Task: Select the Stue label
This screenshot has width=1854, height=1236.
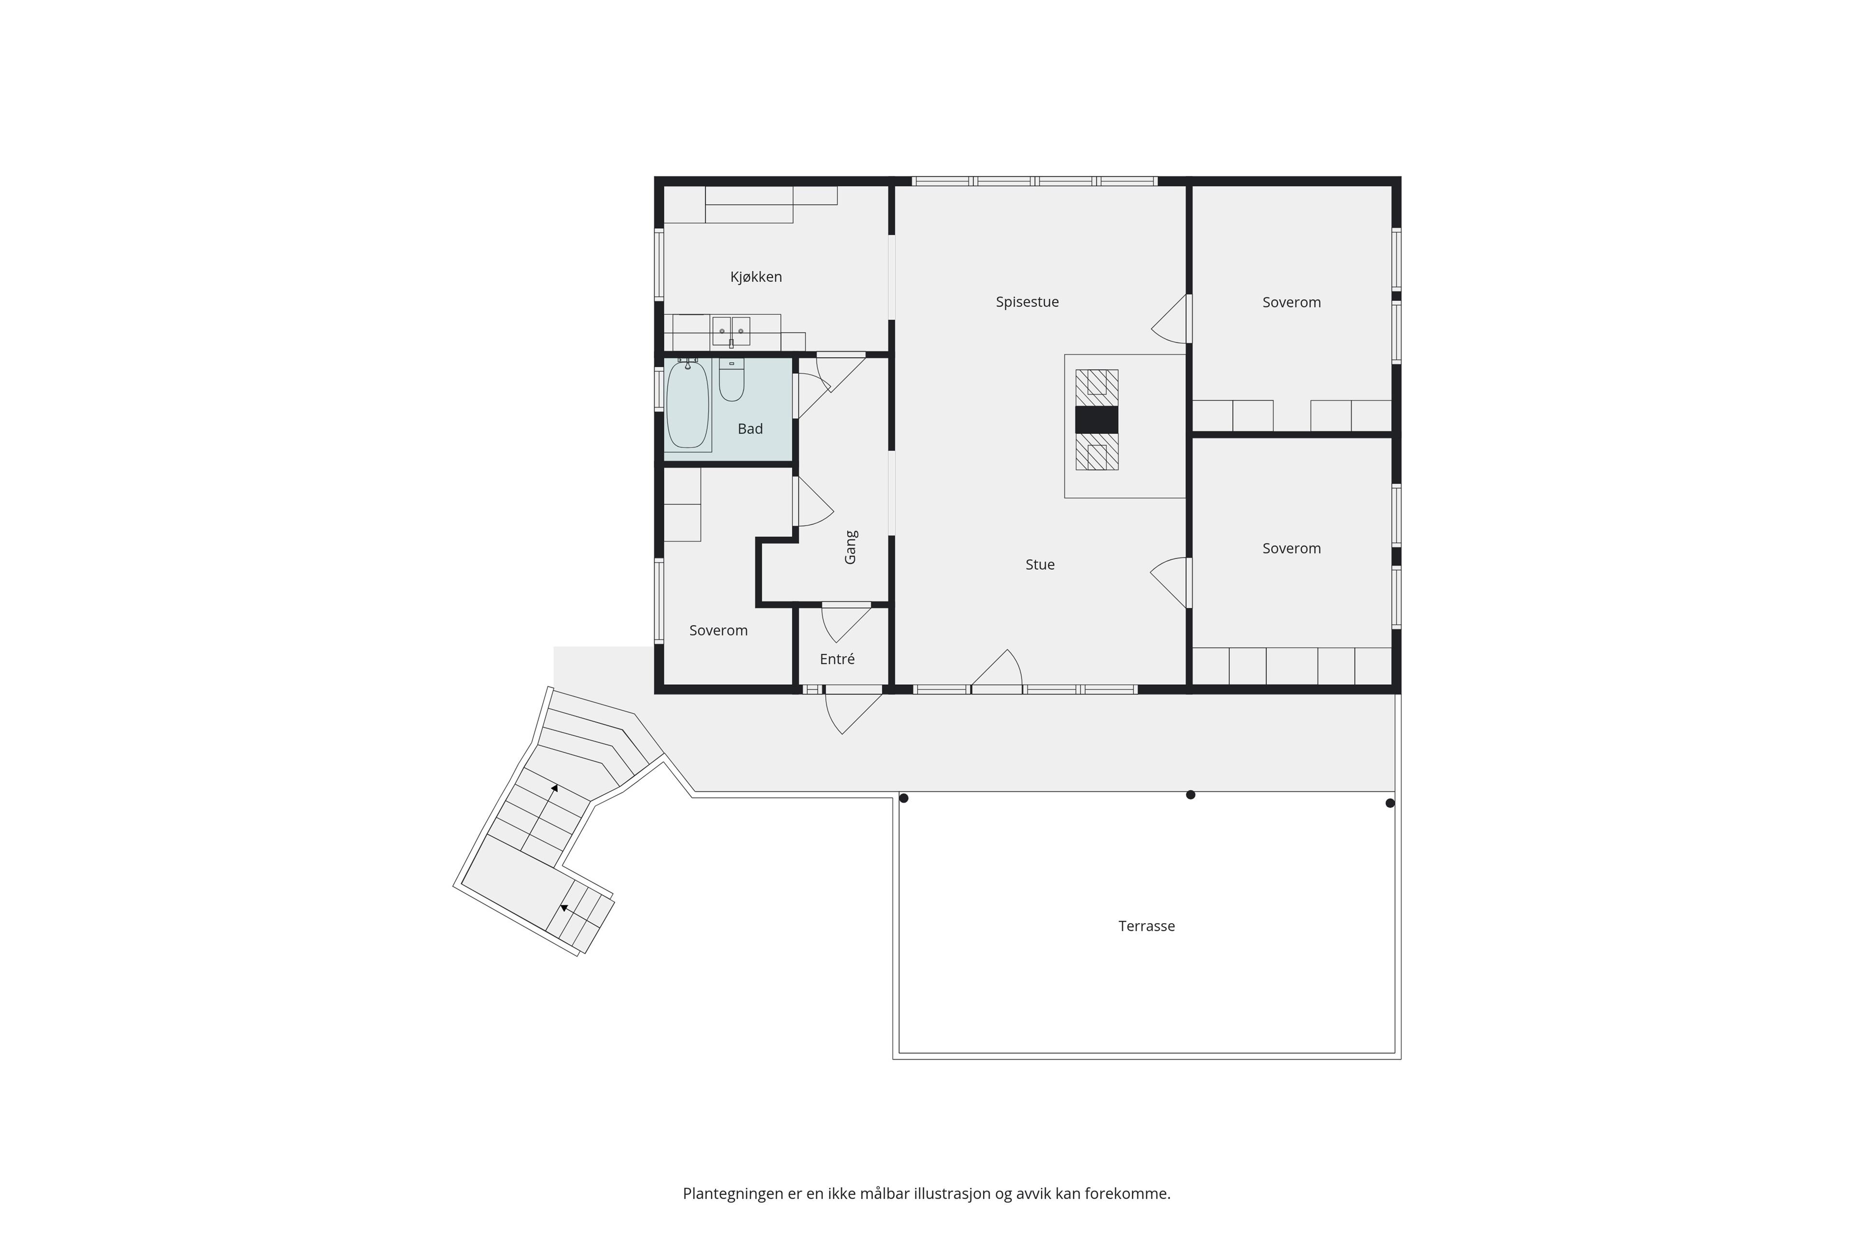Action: (1039, 564)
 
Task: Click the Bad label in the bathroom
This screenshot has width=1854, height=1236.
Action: (750, 429)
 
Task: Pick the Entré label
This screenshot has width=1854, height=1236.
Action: (837, 659)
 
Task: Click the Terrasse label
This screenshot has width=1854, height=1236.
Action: (1146, 926)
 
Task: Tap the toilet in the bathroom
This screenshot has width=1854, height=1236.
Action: (731, 381)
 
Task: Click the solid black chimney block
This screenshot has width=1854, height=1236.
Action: (1096, 420)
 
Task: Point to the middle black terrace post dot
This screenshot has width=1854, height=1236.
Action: (1190, 795)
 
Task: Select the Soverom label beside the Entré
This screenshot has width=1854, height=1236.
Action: (718, 631)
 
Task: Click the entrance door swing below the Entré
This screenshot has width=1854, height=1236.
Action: (853, 711)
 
